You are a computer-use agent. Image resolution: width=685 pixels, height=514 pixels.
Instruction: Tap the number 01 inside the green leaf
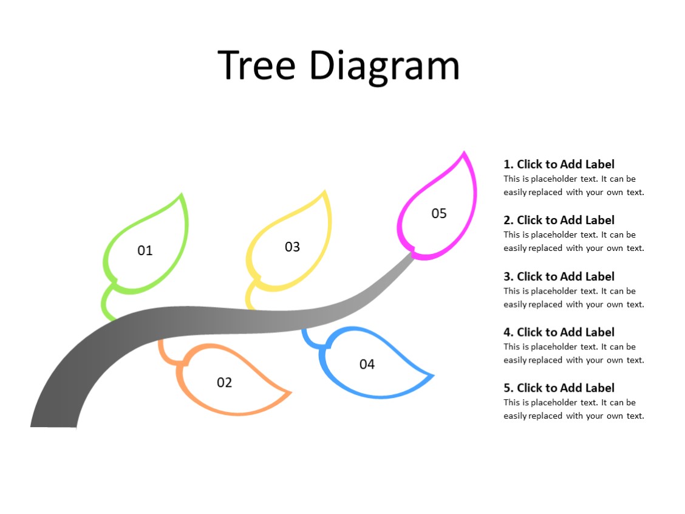[145, 250]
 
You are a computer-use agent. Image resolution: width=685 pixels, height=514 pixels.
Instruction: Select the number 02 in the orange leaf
[224, 382]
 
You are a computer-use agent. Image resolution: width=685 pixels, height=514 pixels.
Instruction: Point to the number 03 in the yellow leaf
[292, 247]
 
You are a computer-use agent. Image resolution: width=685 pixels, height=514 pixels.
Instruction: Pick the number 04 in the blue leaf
[367, 364]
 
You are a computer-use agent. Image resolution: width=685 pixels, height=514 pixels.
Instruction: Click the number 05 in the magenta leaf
[438, 213]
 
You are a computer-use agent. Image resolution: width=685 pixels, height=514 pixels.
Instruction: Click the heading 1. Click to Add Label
[559, 164]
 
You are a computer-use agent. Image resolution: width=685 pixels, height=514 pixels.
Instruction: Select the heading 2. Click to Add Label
[559, 220]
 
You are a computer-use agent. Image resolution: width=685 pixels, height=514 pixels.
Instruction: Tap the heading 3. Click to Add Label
[559, 276]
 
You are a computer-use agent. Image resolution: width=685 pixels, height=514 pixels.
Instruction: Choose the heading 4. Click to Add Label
[559, 332]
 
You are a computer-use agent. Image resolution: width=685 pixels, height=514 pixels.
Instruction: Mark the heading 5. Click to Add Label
[559, 388]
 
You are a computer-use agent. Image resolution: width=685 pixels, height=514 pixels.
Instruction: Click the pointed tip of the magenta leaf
[465, 154]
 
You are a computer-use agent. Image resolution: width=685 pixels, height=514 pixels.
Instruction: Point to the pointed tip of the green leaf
[181, 196]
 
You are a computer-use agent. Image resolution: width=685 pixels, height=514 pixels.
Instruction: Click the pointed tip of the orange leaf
[290, 392]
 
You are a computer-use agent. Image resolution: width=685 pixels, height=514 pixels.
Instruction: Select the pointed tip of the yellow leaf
[326, 194]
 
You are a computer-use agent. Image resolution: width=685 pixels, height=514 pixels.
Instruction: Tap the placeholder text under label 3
[573, 298]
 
